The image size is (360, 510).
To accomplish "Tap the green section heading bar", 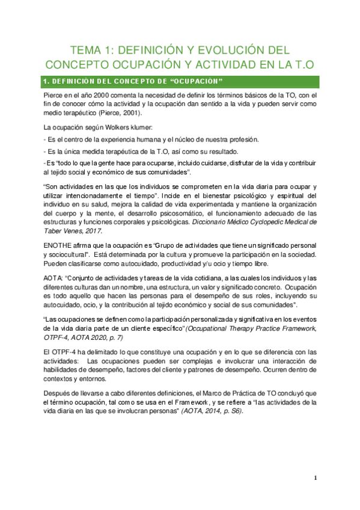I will (180, 81).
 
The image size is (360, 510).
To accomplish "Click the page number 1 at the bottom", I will (315, 478).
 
